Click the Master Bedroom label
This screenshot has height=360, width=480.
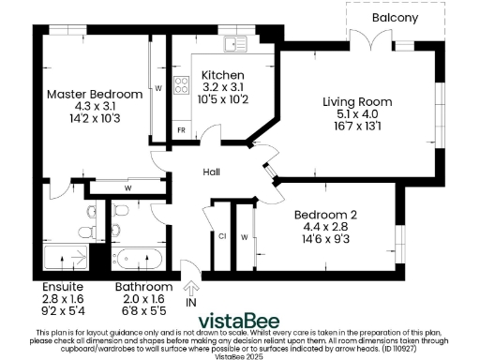pos(95,94)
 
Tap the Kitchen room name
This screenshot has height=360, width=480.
pos(223,74)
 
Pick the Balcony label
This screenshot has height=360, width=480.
pos(395,18)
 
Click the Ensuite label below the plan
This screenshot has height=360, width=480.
pos(64,287)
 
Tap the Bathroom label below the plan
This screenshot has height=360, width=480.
pos(143,287)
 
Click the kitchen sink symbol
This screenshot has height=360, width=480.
pos(233,42)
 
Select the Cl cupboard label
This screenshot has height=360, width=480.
pos(222,236)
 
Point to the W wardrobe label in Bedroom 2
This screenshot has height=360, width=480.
pos(244,236)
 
